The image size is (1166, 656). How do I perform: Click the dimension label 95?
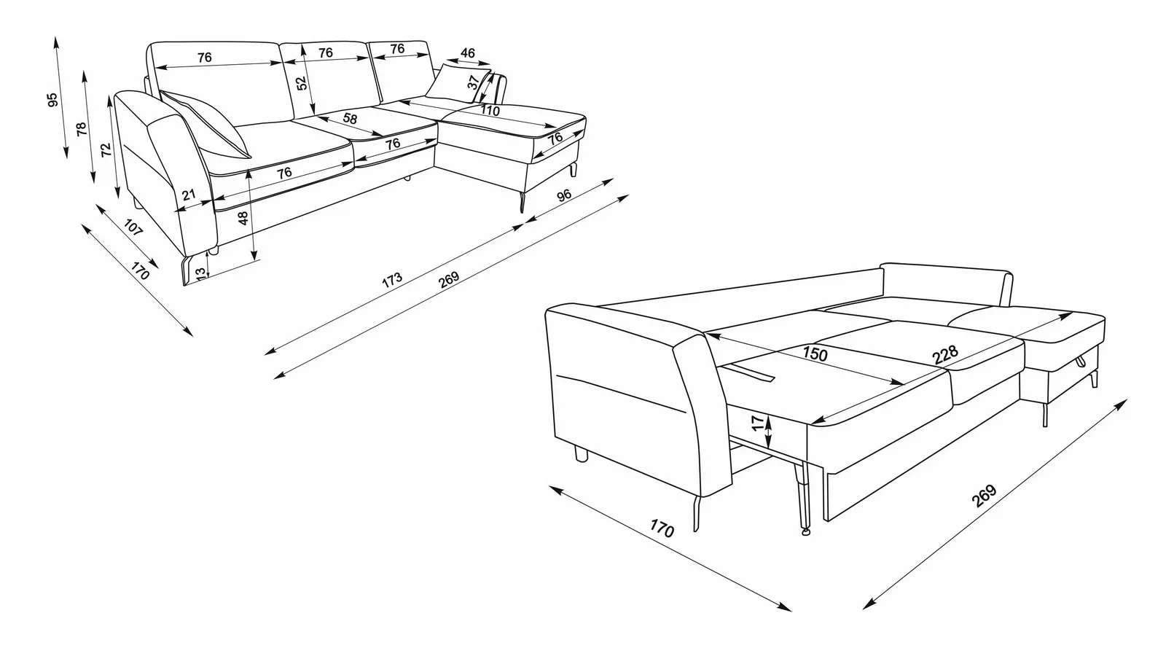(x=52, y=100)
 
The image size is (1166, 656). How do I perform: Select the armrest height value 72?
(x=106, y=150)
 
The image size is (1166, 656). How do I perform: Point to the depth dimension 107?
(x=133, y=227)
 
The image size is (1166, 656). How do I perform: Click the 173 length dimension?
(x=392, y=280)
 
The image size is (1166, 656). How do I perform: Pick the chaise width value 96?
(x=564, y=195)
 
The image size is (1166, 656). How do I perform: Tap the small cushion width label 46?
(x=468, y=52)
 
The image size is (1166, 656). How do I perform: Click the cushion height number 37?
(x=473, y=82)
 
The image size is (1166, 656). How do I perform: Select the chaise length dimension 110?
(x=490, y=110)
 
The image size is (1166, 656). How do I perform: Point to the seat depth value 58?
(x=350, y=119)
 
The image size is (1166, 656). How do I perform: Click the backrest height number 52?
(x=302, y=83)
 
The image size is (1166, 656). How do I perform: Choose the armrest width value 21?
(x=189, y=195)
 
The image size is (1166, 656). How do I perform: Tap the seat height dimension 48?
(x=243, y=218)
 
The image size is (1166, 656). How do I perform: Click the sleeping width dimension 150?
(x=815, y=354)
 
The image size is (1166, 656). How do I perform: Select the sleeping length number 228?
(x=945, y=354)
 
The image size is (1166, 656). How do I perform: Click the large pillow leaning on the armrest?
(x=205, y=124)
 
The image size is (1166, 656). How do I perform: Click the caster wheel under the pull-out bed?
(x=806, y=532)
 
